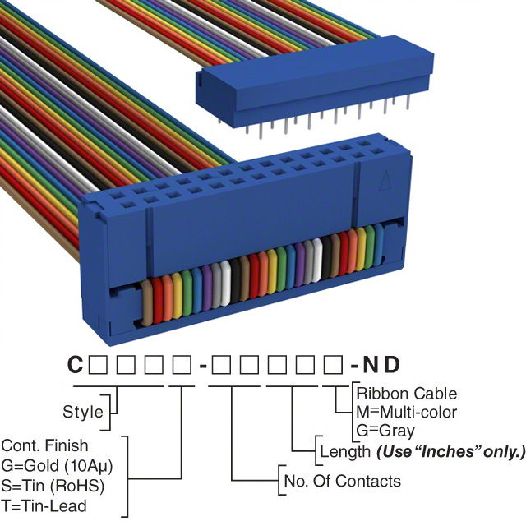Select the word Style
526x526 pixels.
[x=83, y=411]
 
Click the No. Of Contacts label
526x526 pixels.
[x=342, y=481]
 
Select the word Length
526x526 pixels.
[x=344, y=451]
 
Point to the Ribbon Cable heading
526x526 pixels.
[x=406, y=394]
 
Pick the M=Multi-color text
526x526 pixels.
[x=406, y=412]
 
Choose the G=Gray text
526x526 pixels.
[x=385, y=430]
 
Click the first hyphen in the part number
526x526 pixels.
[x=201, y=363]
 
